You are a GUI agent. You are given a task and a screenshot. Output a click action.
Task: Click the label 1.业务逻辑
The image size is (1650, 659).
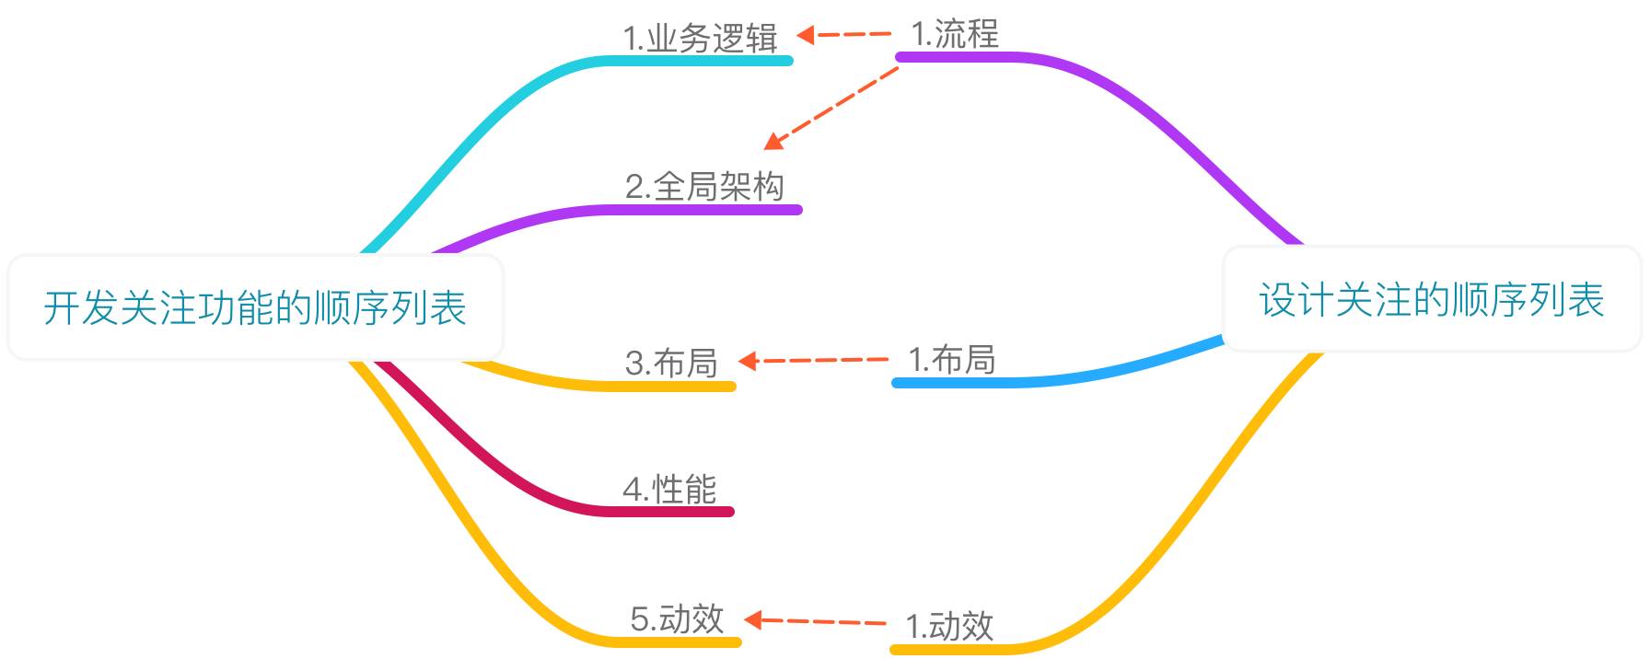coord(701,39)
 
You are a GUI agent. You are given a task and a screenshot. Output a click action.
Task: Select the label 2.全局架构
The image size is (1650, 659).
coord(704,187)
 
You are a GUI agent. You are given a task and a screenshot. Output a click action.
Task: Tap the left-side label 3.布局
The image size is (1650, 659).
coord(671,363)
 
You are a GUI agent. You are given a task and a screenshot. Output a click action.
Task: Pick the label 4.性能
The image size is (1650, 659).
coord(669,489)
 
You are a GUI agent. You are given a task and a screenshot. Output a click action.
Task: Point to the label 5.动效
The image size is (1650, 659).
coord(677,619)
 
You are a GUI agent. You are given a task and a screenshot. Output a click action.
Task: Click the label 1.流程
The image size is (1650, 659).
coord(955,34)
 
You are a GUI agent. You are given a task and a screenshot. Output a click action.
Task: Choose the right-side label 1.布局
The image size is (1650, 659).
coord(952,359)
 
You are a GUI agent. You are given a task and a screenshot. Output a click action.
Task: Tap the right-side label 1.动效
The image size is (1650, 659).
coord(949,626)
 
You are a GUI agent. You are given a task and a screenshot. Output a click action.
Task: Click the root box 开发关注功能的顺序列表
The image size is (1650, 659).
coord(255,307)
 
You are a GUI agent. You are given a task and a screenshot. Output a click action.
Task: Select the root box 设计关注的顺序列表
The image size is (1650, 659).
coord(1432,300)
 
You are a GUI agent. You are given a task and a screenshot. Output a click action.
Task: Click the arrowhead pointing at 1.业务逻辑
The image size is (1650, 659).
coord(806,35)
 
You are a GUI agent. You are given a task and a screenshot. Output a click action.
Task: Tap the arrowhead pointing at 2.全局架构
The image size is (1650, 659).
coord(773,142)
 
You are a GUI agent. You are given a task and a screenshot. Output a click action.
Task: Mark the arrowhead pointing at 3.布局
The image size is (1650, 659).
coord(748,361)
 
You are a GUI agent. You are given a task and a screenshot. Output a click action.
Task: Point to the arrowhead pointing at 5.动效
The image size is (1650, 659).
coord(753,619)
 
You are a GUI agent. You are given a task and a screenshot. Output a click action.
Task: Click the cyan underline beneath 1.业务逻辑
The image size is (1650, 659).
coord(700,61)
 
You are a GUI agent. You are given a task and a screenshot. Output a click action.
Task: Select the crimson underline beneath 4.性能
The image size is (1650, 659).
coord(672,512)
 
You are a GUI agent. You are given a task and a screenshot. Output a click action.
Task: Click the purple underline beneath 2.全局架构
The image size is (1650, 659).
coord(709,210)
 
